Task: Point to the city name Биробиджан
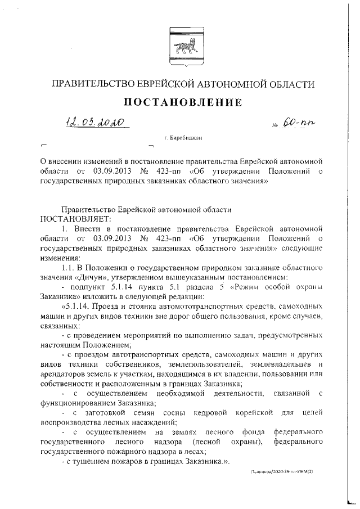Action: (183, 137)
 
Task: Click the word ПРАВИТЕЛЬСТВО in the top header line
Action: (93, 84)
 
